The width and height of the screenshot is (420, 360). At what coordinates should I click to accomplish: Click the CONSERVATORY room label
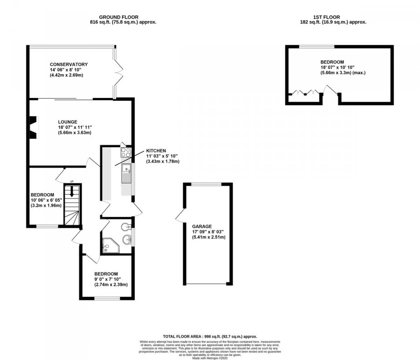coord(69,64)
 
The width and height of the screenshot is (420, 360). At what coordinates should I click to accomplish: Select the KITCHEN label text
coord(156,150)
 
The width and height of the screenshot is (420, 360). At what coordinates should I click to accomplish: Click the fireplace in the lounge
coord(32,127)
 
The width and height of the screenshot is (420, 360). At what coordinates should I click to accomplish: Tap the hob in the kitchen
coord(126,152)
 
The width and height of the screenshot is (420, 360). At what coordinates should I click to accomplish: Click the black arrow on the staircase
coord(72,191)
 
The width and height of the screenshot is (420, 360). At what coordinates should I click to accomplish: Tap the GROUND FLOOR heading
coord(123,17)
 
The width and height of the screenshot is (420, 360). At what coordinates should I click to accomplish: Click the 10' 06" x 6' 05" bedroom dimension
coord(46,200)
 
